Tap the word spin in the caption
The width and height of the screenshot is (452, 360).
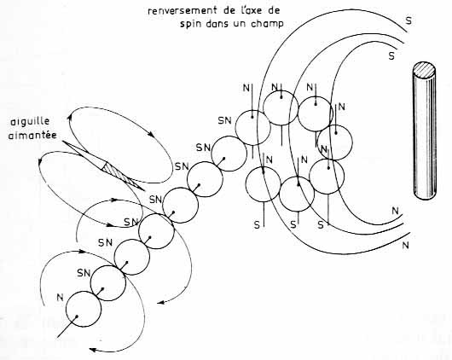[x=191, y=24]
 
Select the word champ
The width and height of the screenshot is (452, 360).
[x=267, y=24]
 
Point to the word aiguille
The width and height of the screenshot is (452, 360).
[x=30, y=121]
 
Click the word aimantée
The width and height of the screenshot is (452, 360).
[x=32, y=135]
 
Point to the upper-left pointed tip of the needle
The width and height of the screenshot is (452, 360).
[x=62, y=141]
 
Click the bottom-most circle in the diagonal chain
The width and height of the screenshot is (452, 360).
[x=84, y=309]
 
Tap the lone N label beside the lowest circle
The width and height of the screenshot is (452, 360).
[x=60, y=297]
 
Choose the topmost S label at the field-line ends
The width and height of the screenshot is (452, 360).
[x=409, y=20]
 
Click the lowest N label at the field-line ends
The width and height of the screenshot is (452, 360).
[x=405, y=246]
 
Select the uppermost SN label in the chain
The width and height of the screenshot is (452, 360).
[x=225, y=120]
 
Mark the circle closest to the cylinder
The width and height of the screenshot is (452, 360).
[x=334, y=142]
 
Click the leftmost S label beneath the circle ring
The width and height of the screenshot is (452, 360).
[x=257, y=225]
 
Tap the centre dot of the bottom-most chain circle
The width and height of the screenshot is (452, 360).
[x=77, y=316]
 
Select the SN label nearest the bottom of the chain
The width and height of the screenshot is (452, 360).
[x=84, y=273]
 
